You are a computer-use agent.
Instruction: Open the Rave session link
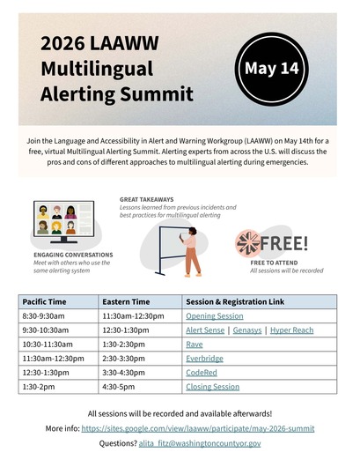194,344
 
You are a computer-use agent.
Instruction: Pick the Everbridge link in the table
204,358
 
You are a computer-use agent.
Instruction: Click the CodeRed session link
202,372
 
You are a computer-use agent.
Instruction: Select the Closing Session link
212,386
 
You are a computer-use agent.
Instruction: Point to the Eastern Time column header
125,300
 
